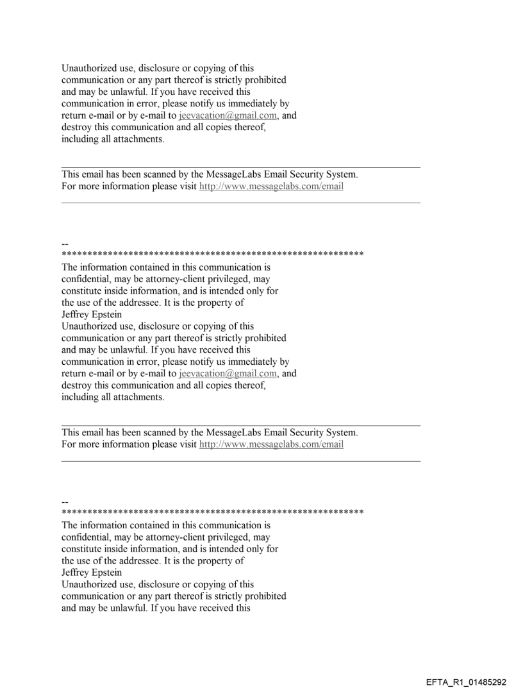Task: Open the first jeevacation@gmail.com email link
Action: [227, 116]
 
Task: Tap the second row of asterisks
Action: [212, 512]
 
